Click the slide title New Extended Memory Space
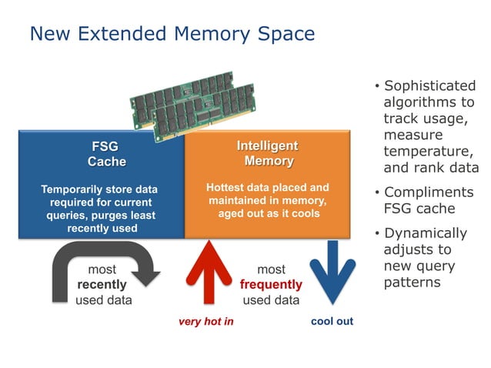click(x=172, y=34)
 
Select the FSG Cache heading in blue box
click(x=106, y=153)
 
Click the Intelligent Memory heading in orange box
click(x=267, y=153)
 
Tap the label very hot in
click(x=205, y=321)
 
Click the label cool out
click(x=332, y=321)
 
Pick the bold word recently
click(x=102, y=285)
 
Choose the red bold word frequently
click(x=271, y=285)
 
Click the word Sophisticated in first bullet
click(x=429, y=85)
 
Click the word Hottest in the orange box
click(x=225, y=187)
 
